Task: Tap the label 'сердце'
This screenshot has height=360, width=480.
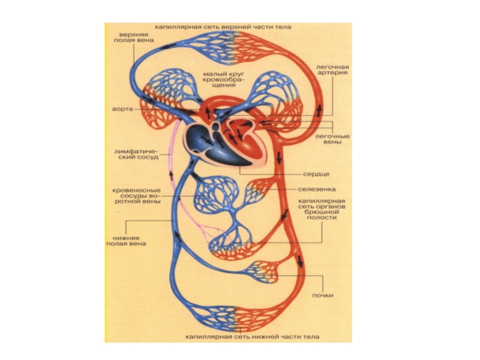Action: pyautogui.click(x=317, y=173)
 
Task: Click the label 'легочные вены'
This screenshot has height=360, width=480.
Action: pyautogui.click(x=332, y=140)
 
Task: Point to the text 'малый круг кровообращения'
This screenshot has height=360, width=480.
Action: pyautogui.click(x=223, y=79)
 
